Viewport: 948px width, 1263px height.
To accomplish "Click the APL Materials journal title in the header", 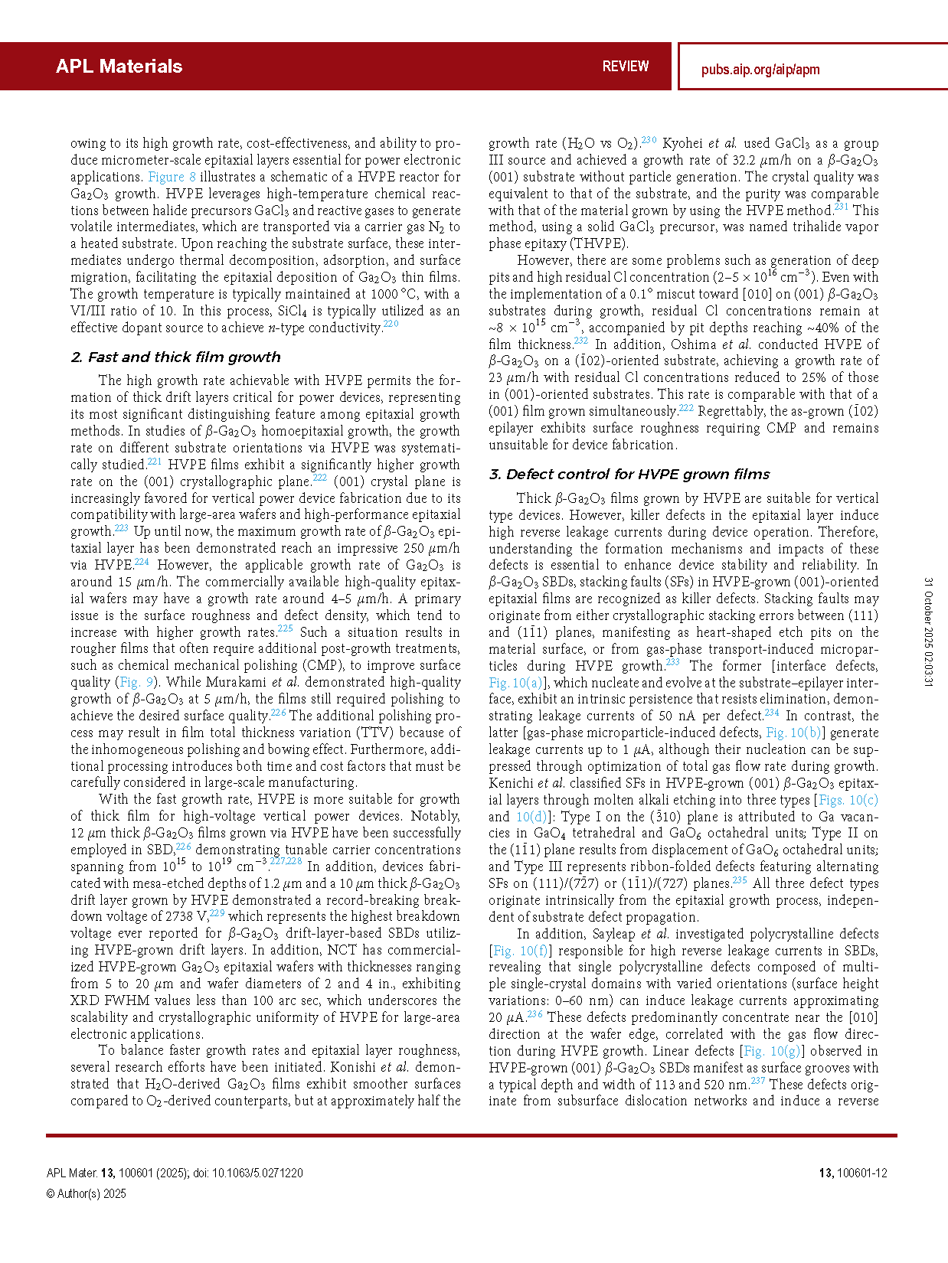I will (119, 67).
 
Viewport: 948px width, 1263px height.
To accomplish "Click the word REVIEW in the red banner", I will (625, 67).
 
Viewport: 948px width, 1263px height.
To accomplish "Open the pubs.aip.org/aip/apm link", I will (760, 70).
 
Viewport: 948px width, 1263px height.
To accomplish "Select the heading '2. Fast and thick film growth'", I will (175, 357).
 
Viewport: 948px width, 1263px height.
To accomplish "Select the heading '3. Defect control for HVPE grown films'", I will (629, 475).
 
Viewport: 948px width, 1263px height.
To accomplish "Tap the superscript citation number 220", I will (391, 325).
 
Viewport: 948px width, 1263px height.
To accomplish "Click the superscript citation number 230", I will (649, 140).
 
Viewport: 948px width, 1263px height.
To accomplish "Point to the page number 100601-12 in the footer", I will (861, 1173).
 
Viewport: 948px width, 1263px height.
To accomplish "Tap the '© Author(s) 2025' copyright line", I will (86, 1194).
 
